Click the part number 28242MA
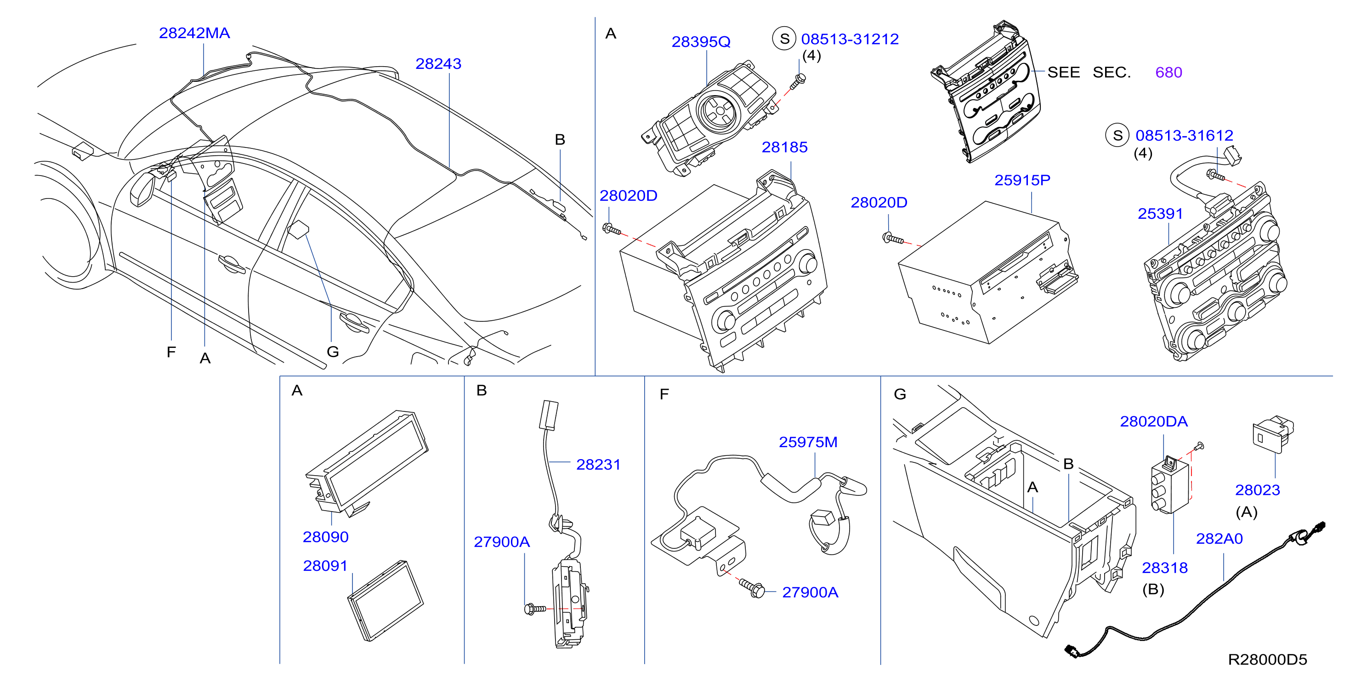[194, 33]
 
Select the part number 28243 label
[438, 64]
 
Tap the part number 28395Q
[701, 41]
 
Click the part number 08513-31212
[850, 39]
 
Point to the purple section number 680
[1168, 72]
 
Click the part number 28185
[784, 147]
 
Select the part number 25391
[1160, 213]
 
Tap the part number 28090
[325, 537]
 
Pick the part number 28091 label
[325, 566]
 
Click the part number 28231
[598, 465]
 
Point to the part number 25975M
[808, 442]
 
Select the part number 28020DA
[1154, 421]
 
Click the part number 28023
[1257, 490]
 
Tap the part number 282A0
[1219, 539]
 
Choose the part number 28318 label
[1164, 568]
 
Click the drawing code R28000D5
[1267, 659]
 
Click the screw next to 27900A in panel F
[752, 587]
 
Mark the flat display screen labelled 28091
[385, 600]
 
